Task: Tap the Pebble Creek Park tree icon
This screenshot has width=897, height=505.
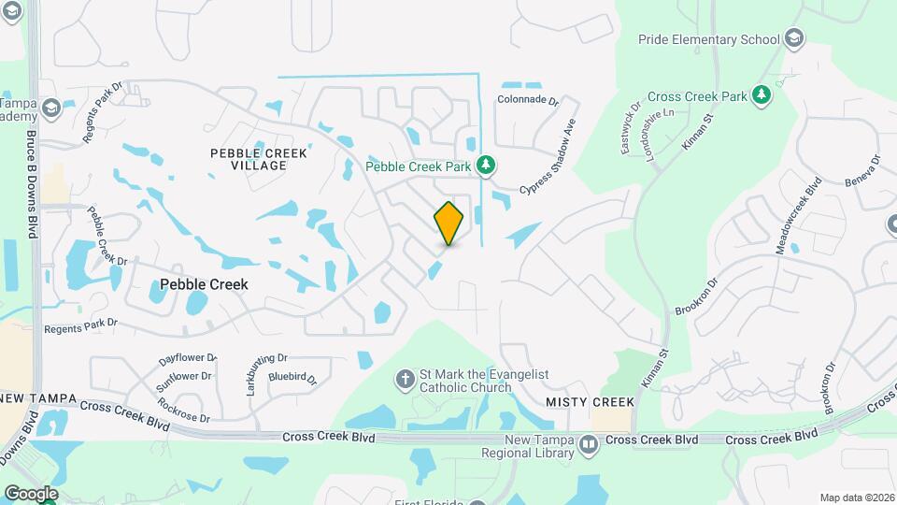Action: click(485, 166)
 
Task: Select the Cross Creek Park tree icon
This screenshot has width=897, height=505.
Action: click(762, 94)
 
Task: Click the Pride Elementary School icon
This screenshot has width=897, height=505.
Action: click(793, 39)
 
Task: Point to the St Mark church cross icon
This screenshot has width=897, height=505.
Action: click(405, 380)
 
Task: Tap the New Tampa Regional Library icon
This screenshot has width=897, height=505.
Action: click(588, 446)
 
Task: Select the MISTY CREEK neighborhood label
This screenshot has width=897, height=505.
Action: click(590, 402)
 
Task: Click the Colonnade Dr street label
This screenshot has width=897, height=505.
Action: click(527, 100)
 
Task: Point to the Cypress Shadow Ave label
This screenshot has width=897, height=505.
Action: click(549, 158)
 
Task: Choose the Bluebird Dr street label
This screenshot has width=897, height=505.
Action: click(293, 378)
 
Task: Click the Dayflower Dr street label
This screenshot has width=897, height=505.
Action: click(187, 358)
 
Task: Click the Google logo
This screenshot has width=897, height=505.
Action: click(31, 493)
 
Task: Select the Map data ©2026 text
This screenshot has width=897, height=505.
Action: click(856, 498)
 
